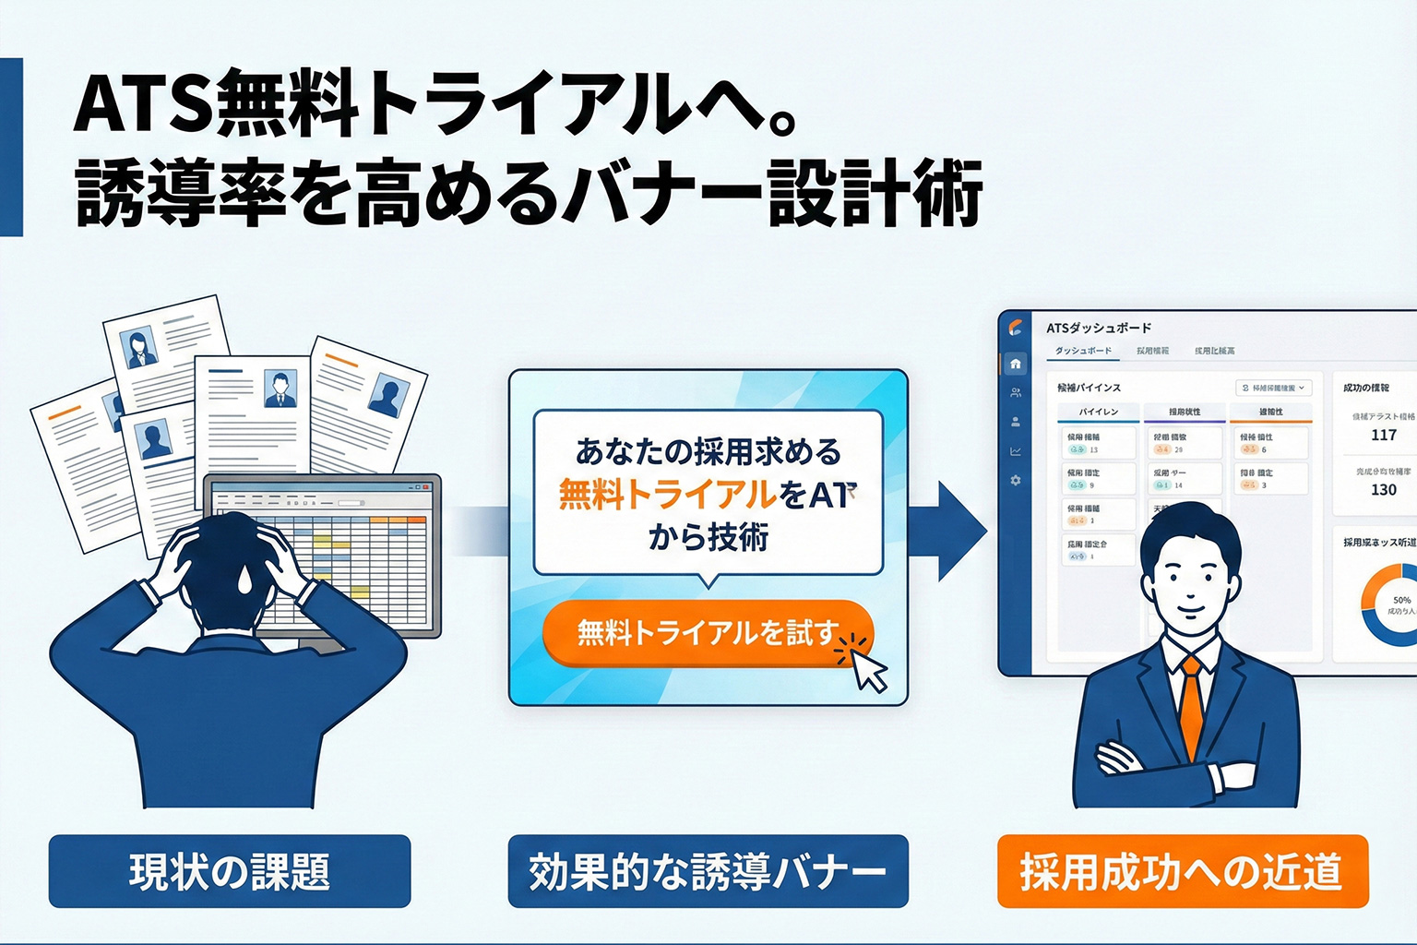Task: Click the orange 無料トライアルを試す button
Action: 707,633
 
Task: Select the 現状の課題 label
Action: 229,871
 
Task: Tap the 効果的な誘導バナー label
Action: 708,871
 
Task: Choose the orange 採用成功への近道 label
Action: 1182,871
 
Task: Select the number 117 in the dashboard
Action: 1383,435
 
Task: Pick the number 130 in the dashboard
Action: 1383,489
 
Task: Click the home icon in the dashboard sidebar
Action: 1016,364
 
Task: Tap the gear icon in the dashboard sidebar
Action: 1016,481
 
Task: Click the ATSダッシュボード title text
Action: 1099,328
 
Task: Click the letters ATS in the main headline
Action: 143,104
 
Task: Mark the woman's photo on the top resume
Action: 141,349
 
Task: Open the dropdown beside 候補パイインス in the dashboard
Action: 1273,389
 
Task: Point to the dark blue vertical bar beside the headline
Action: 11,148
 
